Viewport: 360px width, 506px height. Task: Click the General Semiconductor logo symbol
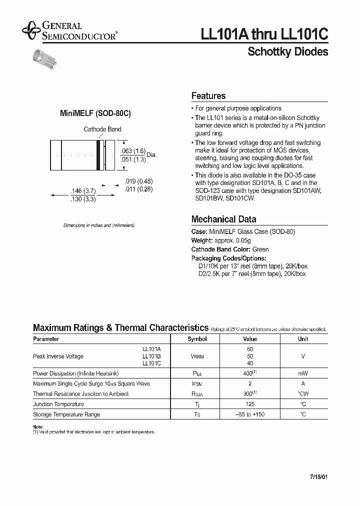coord(31,30)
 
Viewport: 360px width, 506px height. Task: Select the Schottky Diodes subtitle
coord(287,52)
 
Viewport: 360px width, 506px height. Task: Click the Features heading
coord(208,96)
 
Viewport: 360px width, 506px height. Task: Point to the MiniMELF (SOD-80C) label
coord(95,113)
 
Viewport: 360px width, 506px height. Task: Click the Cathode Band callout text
coord(102,129)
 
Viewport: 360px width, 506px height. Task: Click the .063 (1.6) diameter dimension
coord(133,151)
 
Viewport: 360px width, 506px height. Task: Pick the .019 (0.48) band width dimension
coord(138,182)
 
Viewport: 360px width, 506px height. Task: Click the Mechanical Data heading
coord(223,219)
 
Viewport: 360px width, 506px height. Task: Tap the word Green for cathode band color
coord(260,249)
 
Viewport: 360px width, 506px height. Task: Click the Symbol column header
coord(197,339)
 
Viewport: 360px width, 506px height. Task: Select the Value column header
coord(250,339)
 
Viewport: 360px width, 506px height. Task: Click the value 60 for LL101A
coord(250,348)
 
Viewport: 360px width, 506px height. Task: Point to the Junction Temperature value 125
coord(250,404)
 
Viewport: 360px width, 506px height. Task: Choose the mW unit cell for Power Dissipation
coord(303,373)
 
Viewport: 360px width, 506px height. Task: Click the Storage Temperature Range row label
coord(66,414)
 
